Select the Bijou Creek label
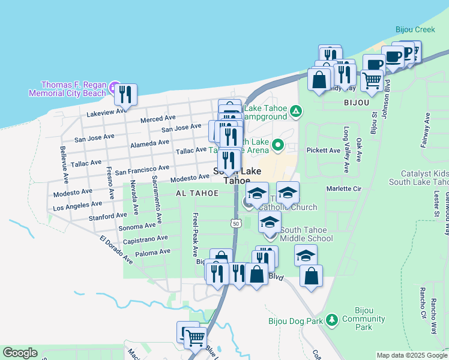coord(415,29)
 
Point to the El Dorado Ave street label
coord(116,250)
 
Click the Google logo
coord(20,353)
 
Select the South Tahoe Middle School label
coord(306,234)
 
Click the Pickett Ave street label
coord(323,150)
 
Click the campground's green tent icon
coord(295,111)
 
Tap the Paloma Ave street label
coord(152,254)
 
